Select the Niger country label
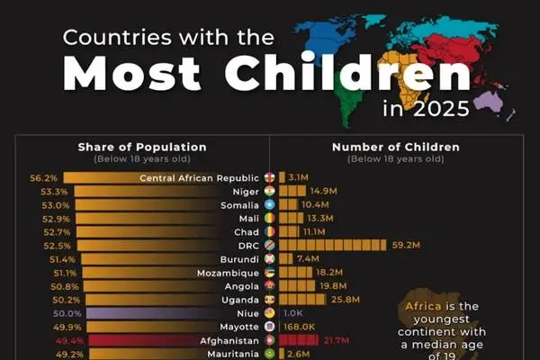[245, 191]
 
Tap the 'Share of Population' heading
[142, 147]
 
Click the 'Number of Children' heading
[396, 147]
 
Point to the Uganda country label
[238, 299]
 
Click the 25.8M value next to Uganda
[345, 299]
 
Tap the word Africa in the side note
[423, 305]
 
